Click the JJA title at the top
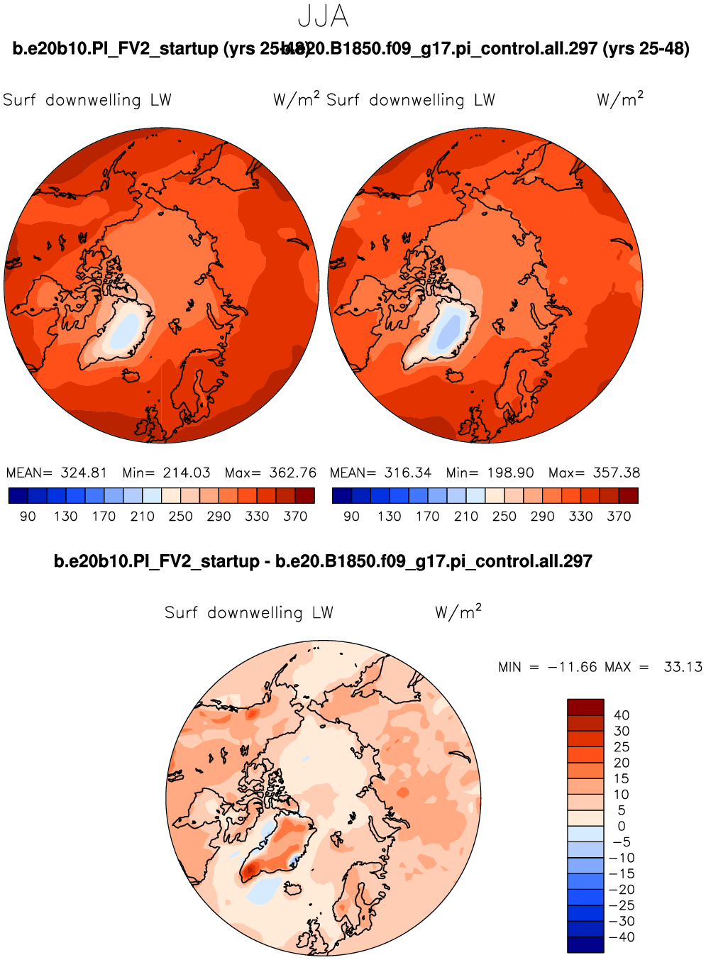point(324,16)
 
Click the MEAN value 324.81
point(84,473)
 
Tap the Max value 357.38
point(616,473)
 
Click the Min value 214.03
point(187,473)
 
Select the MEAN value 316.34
point(407,473)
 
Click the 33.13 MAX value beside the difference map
point(683,667)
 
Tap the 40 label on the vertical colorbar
point(622,715)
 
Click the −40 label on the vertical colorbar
point(622,937)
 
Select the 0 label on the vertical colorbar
point(622,826)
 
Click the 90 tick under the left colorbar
point(28,517)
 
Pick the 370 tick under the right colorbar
point(619,517)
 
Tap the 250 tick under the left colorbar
point(180,517)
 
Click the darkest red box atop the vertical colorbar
point(585,707)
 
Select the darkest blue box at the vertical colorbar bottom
point(585,944)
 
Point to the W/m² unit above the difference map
point(458,612)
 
